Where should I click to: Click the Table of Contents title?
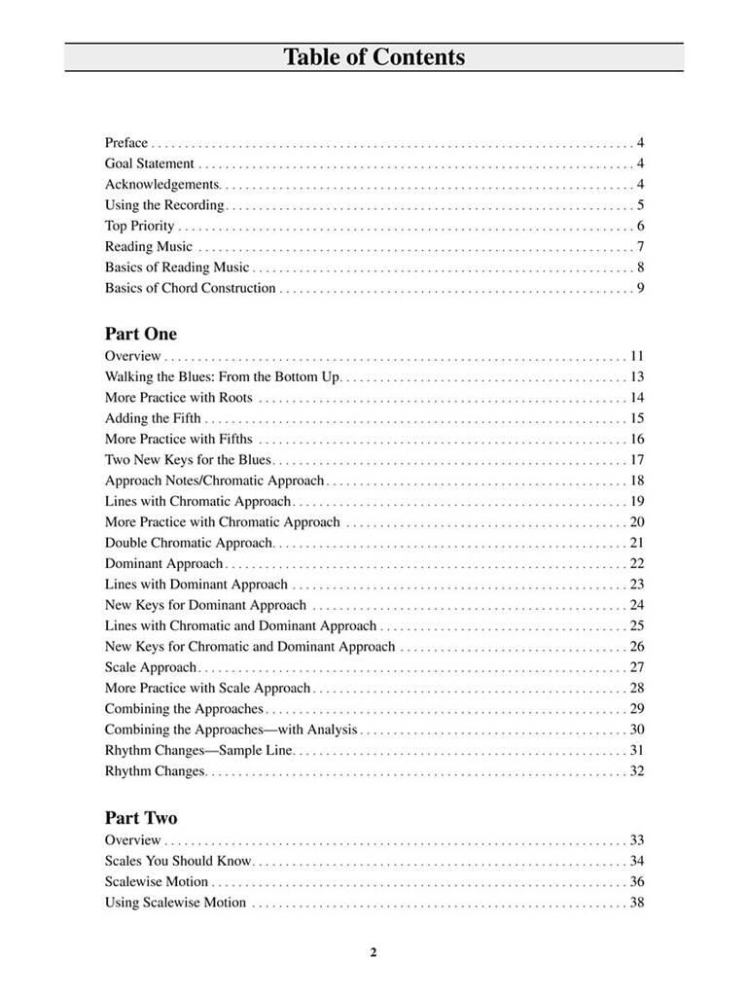[373, 57]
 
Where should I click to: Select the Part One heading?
[141, 334]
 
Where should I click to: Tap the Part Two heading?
[141, 818]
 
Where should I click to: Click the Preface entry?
[126, 143]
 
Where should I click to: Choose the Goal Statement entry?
[150, 163]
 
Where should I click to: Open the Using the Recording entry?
[164, 205]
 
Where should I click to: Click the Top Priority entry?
[140, 227]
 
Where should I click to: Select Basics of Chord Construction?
[191, 289]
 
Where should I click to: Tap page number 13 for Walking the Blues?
[637, 376]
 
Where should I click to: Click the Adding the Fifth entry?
[154, 418]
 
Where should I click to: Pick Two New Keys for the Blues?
[189, 460]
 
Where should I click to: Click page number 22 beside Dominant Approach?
[637, 564]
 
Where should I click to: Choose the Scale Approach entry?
[151, 667]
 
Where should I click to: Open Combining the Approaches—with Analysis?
[231, 729]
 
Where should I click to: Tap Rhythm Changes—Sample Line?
[199, 751]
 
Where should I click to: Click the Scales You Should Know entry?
[178, 861]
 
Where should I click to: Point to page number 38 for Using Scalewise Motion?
[637, 903]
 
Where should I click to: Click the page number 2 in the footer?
[373, 953]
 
